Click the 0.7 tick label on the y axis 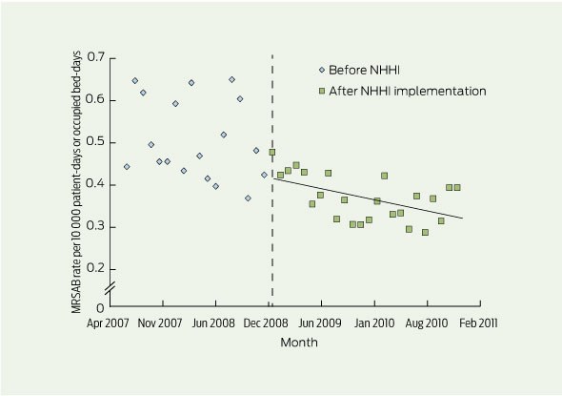coord(95,57)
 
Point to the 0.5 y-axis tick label coord(95,142)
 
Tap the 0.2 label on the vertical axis coord(95,268)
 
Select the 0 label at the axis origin coord(100,307)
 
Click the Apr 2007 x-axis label coord(108,323)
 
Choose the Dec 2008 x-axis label coord(266,323)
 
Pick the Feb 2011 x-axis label coord(478,323)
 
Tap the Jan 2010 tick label coord(374,323)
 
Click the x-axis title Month coord(299,343)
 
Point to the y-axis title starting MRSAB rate coord(76,182)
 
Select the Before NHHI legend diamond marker coord(322,70)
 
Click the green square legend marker coord(322,92)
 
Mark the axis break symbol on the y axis coord(110,288)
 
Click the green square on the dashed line coord(272,153)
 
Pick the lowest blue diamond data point coord(248,198)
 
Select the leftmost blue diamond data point coord(127,167)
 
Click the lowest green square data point coord(425,232)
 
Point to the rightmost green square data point coord(457,187)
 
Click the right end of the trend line coord(463,218)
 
